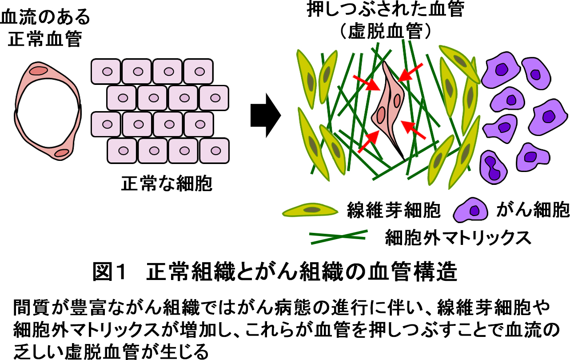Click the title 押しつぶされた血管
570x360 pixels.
point(385,9)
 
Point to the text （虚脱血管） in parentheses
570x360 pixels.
point(385,31)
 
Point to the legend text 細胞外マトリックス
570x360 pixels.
point(458,237)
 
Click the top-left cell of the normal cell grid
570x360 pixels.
point(106,71)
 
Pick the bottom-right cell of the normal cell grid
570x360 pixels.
point(215,151)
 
